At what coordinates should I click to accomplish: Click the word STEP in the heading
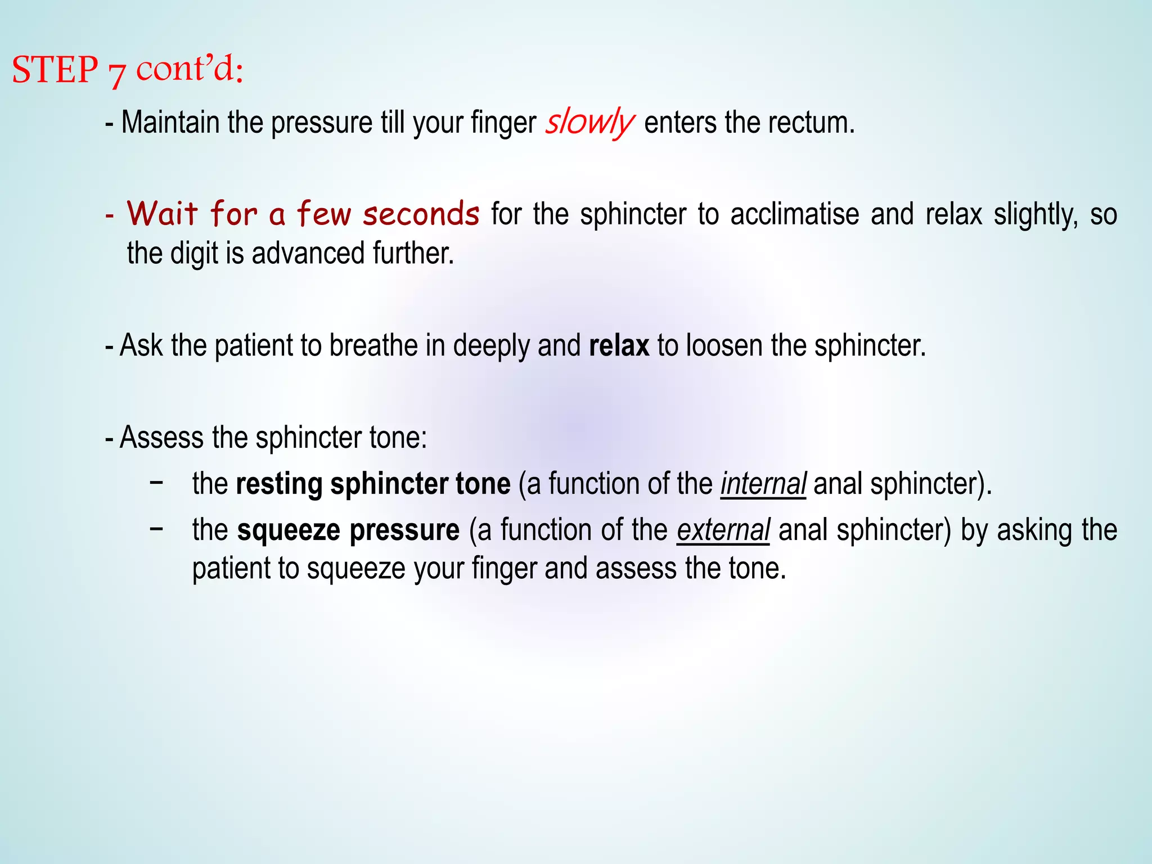(55, 70)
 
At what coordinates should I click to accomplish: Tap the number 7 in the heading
(116, 73)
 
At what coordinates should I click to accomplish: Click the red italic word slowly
(589, 123)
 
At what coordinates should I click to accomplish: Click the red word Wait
(163, 214)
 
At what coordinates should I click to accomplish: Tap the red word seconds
(421, 214)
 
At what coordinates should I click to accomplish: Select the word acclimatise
(795, 215)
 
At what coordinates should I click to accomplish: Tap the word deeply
(491, 346)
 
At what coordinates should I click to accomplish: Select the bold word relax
(619, 345)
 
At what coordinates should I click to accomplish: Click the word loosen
(724, 345)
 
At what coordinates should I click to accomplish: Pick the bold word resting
(279, 484)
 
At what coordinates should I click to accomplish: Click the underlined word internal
(763, 484)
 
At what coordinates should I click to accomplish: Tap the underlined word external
(723, 530)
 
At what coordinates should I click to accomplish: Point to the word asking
(1034, 530)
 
